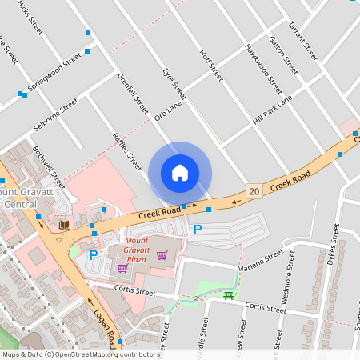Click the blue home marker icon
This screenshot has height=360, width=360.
coord(180,173)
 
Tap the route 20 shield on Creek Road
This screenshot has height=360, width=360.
coord(254,191)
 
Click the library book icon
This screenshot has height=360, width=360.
coord(64,226)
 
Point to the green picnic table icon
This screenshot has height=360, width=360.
coord(229,295)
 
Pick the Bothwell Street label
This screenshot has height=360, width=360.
coord(47,162)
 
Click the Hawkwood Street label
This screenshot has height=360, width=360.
coord(264,67)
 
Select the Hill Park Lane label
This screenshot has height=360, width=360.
coord(272,109)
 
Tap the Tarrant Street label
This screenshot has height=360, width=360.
coord(304,42)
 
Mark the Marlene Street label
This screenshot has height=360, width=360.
coord(264,260)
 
